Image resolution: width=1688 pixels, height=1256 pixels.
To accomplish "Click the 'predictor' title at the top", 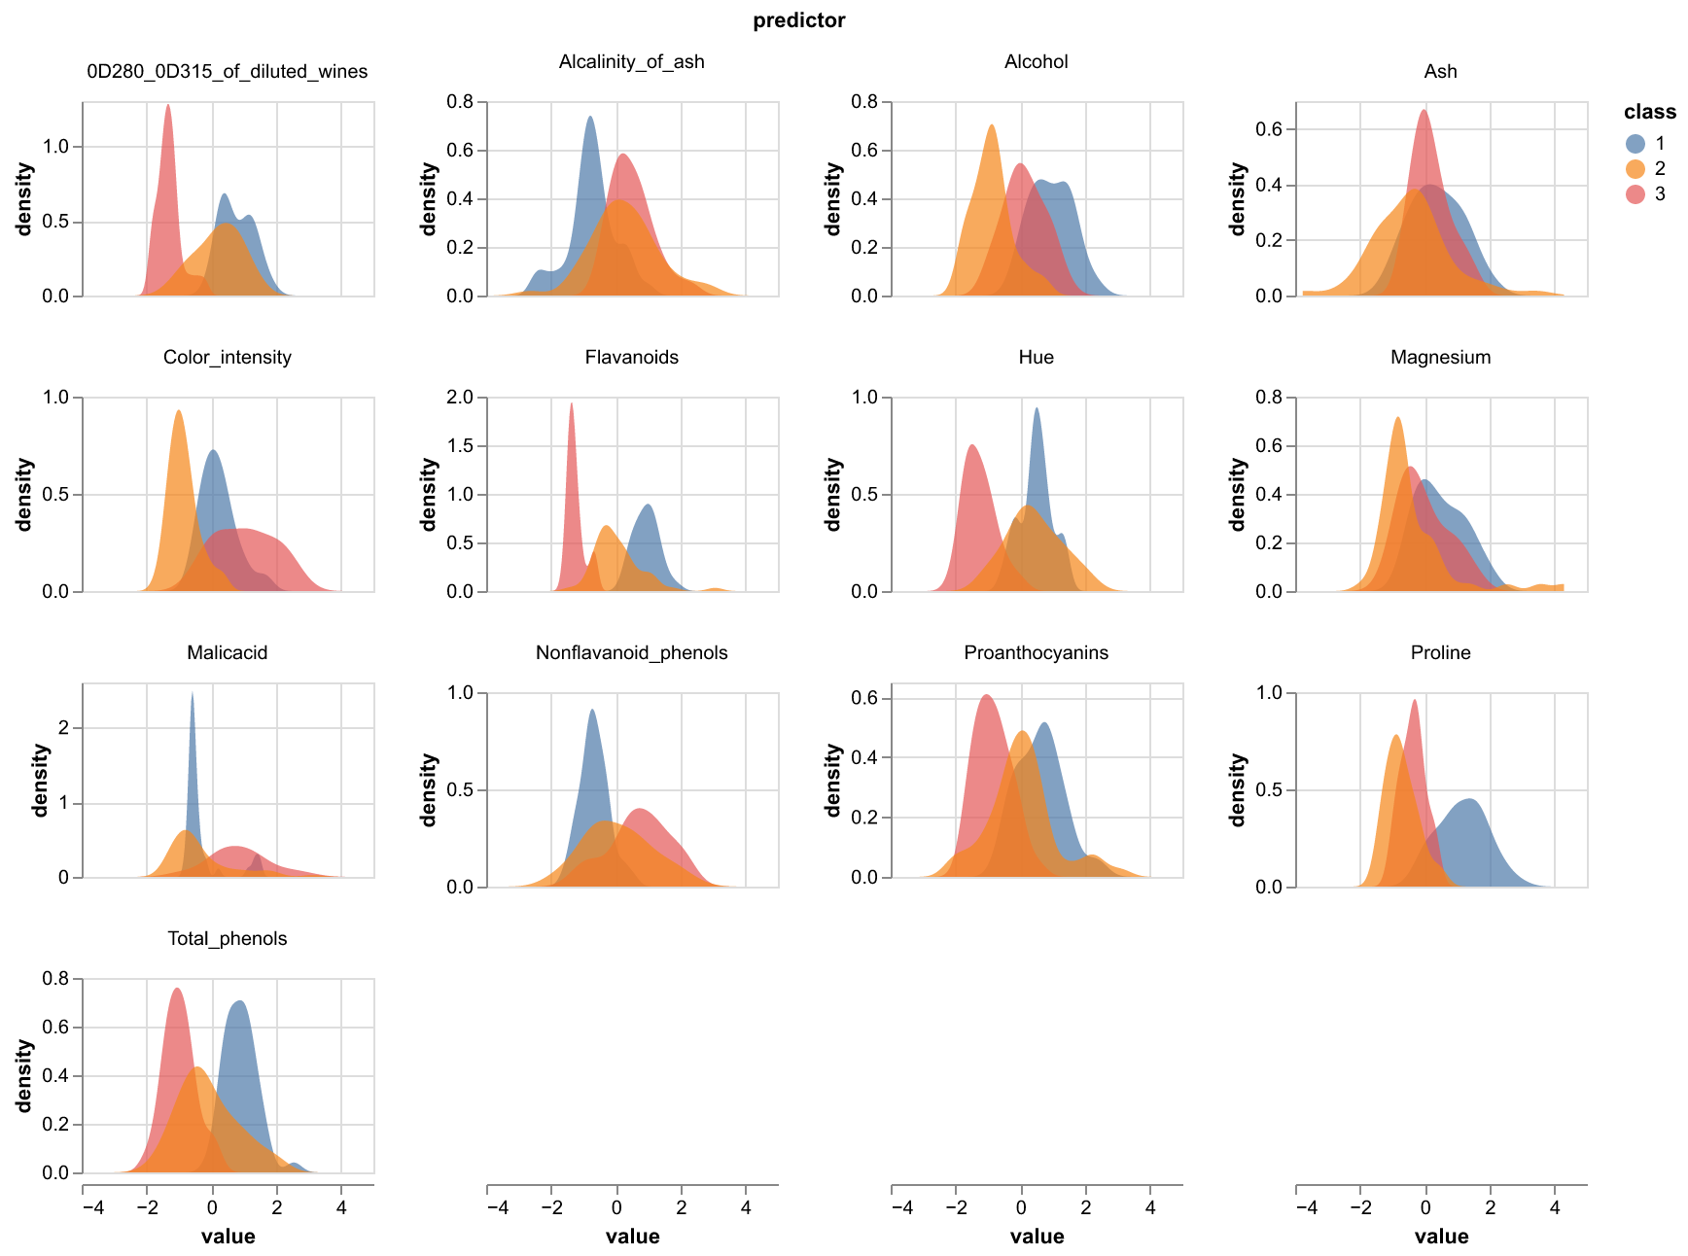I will coord(798,20).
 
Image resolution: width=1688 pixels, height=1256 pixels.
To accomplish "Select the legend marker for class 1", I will coord(1635,143).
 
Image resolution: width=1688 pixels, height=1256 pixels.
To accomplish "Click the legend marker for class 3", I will coord(1635,193).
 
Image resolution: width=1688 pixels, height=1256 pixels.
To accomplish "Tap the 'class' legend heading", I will coord(1649,112).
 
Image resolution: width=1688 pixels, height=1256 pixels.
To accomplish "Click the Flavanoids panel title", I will coord(631,357).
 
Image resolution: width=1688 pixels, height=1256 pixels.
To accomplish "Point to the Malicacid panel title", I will coord(227,652).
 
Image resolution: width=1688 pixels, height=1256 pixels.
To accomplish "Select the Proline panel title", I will coord(1440,652).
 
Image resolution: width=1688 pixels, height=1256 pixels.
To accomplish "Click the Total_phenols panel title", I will coord(227,938).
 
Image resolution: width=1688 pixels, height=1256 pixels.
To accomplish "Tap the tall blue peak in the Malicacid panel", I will coord(193,694).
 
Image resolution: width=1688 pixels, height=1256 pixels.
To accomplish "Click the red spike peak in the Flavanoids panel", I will coord(571,405).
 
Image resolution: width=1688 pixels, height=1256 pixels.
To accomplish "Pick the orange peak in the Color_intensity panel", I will coord(179,412).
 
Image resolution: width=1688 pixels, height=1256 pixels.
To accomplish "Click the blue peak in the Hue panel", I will coord(1037,409).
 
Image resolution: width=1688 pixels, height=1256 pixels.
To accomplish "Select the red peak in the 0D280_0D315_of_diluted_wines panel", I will coord(168,106).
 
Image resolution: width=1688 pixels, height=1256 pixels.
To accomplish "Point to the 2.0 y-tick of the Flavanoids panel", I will coord(460,398).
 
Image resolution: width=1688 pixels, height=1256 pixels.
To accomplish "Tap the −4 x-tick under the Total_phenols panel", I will coord(93,1207).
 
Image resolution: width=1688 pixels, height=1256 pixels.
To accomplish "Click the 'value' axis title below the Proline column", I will coord(1441,1237).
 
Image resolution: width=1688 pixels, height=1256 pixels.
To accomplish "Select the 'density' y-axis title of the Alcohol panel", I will coord(832,199).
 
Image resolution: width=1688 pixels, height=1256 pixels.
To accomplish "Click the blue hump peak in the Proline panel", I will coord(1470,800).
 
